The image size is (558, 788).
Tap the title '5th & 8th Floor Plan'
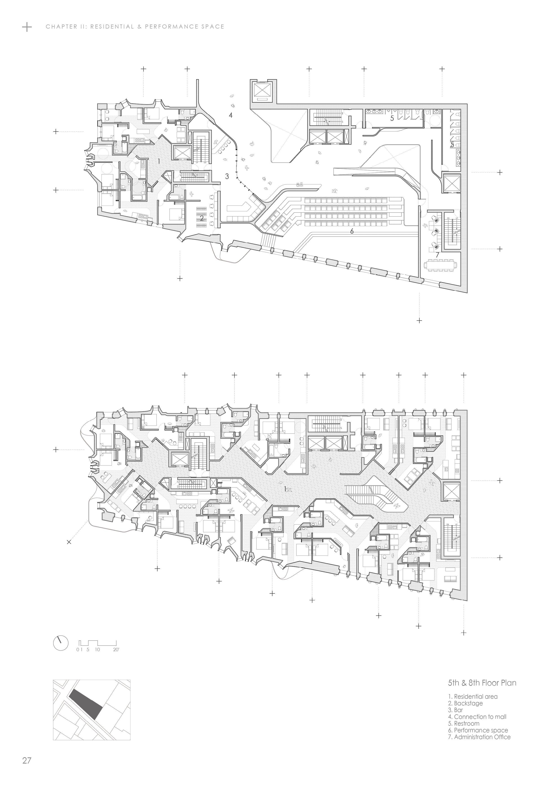482,682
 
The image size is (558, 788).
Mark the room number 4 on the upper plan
231,115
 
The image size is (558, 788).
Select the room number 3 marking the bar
227,176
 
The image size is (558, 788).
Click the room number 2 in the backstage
202,218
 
